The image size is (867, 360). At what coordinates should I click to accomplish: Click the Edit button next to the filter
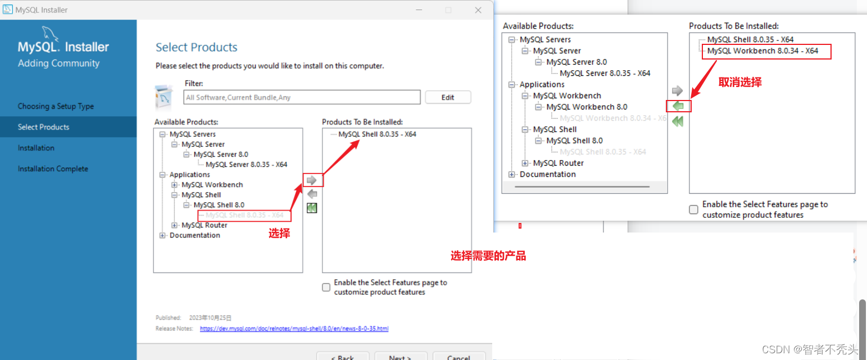(448, 97)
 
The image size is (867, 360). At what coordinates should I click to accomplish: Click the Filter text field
(302, 97)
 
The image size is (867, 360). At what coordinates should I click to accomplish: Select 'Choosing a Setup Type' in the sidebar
(56, 106)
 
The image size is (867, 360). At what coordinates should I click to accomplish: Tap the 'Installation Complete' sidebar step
(53, 168)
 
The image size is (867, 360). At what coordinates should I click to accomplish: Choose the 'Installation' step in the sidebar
(36, 148)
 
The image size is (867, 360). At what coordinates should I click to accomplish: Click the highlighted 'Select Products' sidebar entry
(43, 127)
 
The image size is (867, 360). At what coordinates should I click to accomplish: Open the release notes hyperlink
(294, 329)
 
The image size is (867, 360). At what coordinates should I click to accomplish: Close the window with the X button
(478, 10)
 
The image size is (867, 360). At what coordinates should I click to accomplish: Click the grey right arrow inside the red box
(312, 180)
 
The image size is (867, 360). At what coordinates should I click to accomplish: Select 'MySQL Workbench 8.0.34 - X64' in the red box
(762, 51)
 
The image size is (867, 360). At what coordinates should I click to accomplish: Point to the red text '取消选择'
(740, 82)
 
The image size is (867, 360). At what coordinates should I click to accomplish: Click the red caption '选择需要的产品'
(488, 256)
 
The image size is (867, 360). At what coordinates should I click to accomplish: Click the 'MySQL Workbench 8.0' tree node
(587, 107)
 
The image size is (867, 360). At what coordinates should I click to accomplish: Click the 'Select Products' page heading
(196, 47)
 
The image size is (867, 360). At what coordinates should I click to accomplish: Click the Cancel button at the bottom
(459, 357)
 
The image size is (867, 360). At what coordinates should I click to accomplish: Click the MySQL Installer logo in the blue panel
(63, 48)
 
